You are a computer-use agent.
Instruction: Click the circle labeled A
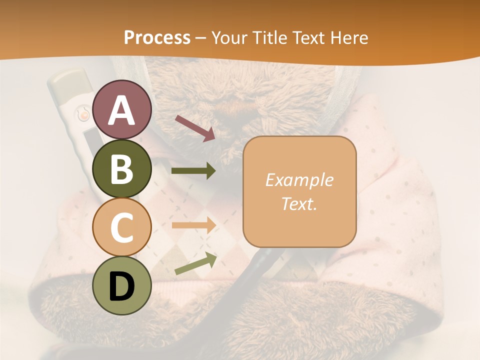tap(122, 109)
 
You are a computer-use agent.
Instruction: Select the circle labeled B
tap(122, 168)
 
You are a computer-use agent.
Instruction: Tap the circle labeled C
tap(122, 227)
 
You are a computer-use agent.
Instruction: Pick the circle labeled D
tap(122, 285)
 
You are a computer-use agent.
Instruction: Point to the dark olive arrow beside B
tap(193, 171)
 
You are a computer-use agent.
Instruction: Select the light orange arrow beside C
tap(193, 225)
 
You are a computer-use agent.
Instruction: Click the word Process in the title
tap(157, 37)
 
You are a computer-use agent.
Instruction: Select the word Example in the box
tap(299, 180)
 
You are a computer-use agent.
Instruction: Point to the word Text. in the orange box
tap(299, 203)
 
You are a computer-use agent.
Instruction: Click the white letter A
tap(122, 110)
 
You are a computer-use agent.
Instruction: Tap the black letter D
tap(122, 286)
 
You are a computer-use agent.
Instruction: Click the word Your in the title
tap(230, 37)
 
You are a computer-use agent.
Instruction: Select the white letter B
tap(122, 169)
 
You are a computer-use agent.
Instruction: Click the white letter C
tap(122, 227)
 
